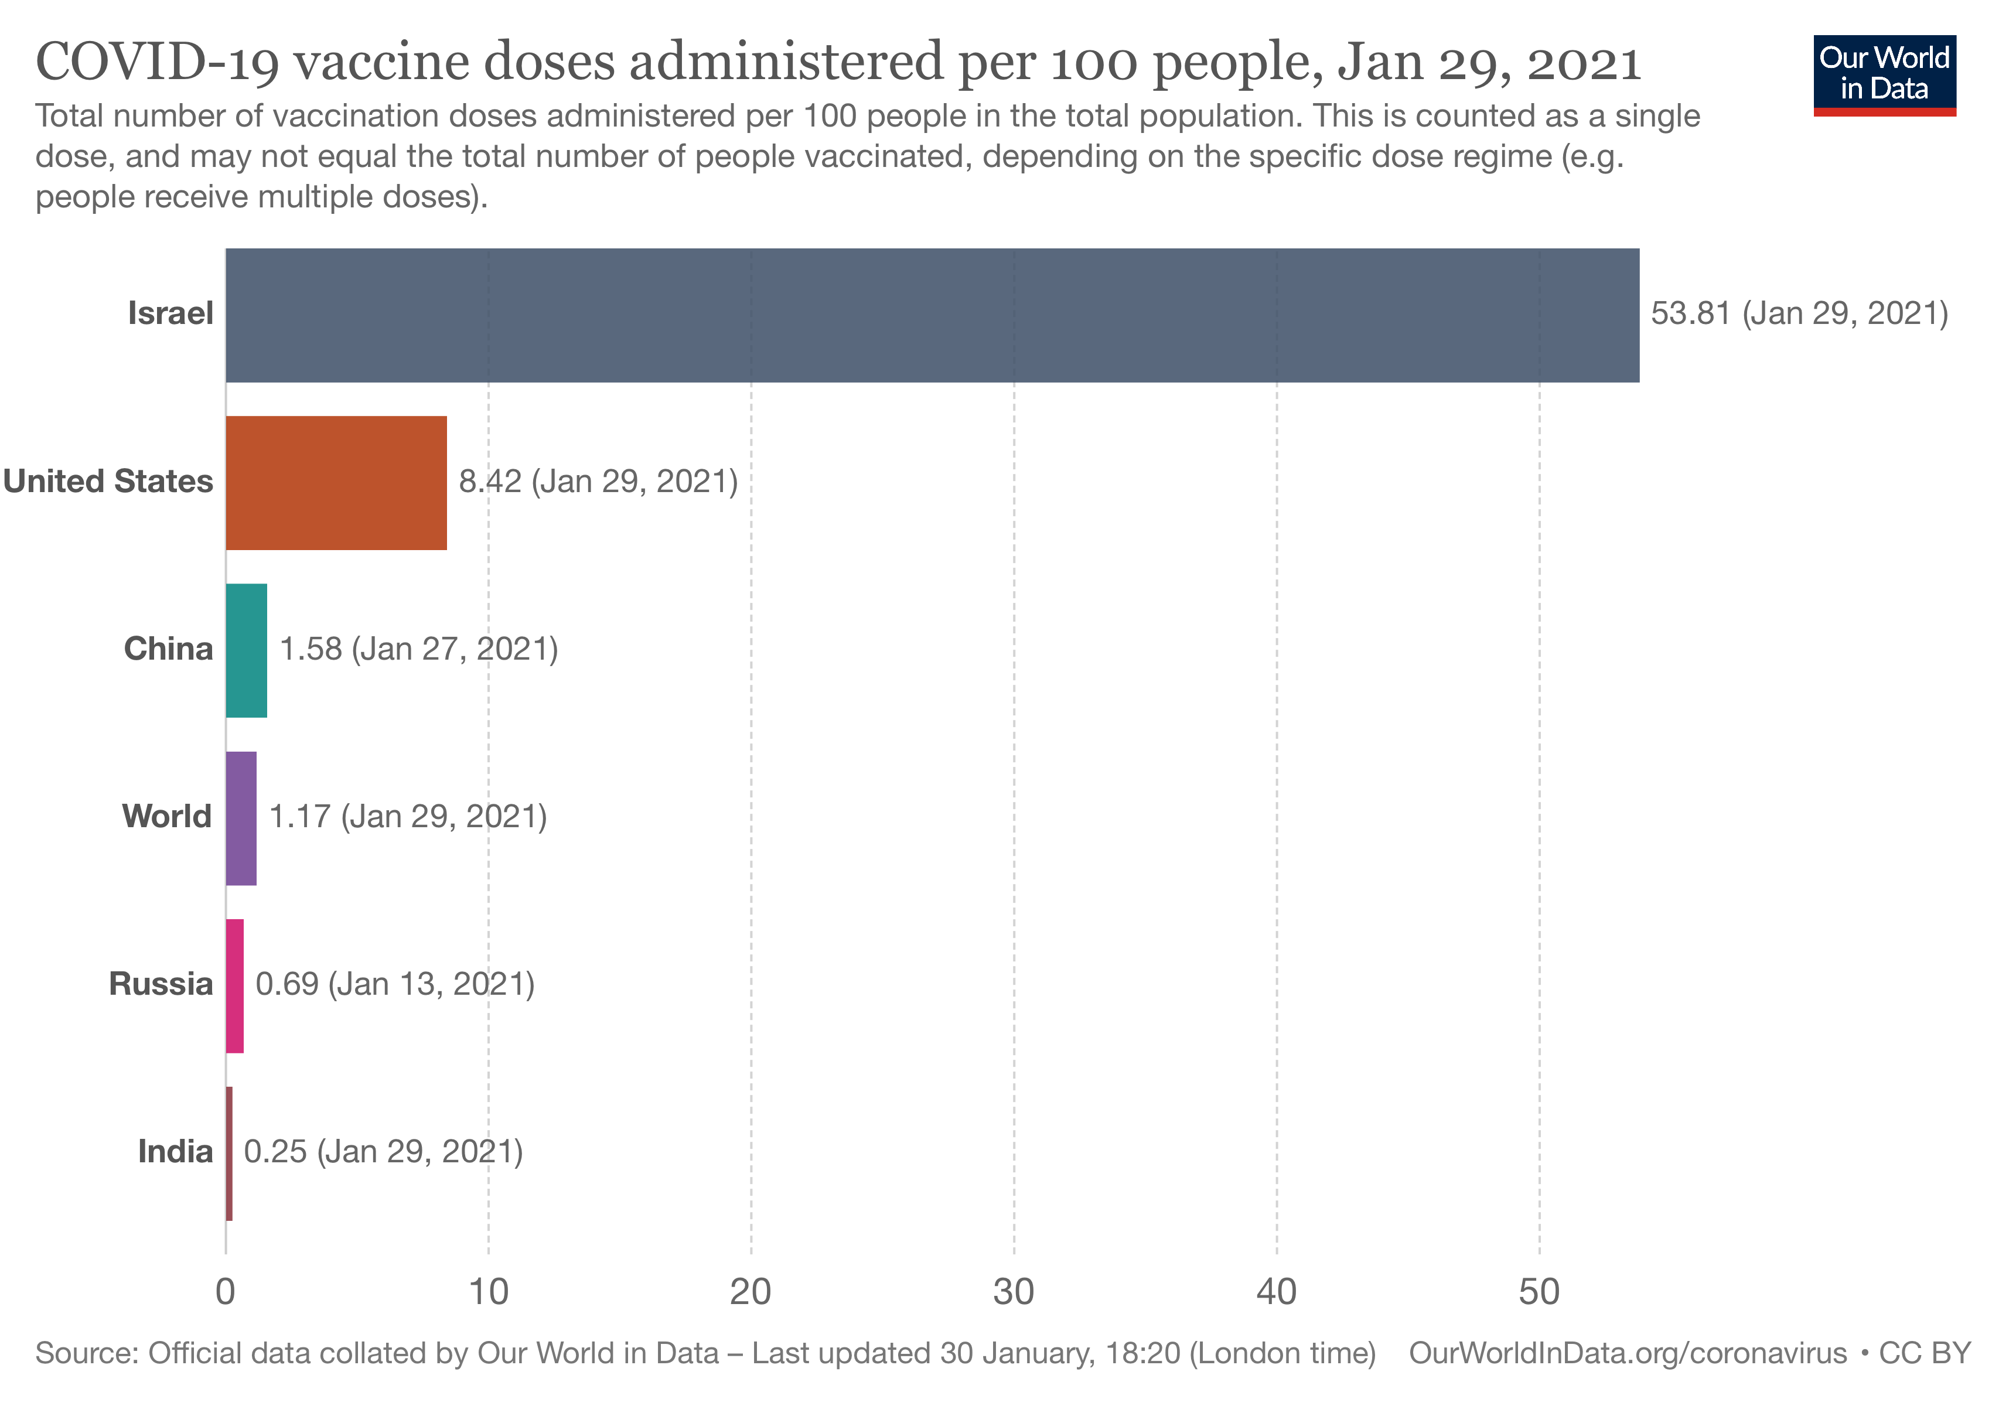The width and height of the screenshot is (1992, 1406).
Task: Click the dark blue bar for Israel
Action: point(932,315)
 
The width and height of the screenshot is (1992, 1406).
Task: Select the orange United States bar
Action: point(336,482)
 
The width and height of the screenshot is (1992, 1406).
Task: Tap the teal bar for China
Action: point(247,650)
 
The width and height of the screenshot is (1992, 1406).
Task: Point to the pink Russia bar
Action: point(234,985)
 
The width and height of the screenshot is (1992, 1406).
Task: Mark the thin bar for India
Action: point(229,1153)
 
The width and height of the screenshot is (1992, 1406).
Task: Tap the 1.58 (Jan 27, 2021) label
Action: point(418,649)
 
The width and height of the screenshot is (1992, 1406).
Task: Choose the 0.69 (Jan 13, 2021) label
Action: point(395,984)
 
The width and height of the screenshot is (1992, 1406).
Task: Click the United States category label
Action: point(108,482)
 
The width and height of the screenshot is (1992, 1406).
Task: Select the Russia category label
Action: point(161,984)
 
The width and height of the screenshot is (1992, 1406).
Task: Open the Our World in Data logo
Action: point(1884,74)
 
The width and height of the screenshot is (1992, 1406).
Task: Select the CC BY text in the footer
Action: point(1924,1354)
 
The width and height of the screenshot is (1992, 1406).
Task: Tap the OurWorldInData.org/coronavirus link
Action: point(1628,1354)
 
